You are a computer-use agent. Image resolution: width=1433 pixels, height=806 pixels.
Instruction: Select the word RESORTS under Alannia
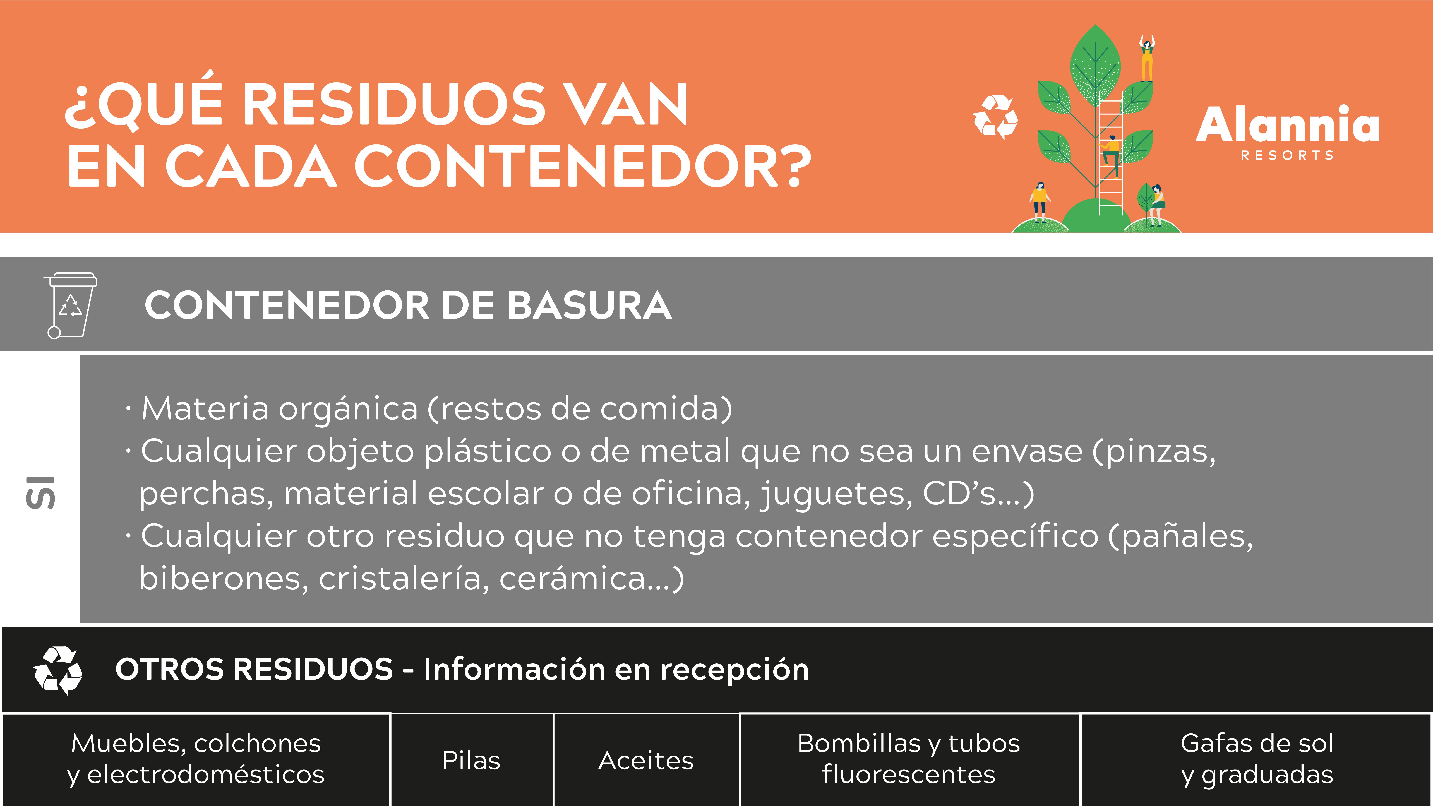tap(1287, 155)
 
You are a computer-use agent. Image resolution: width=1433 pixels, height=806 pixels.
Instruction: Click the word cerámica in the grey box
tap(572, 579)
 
